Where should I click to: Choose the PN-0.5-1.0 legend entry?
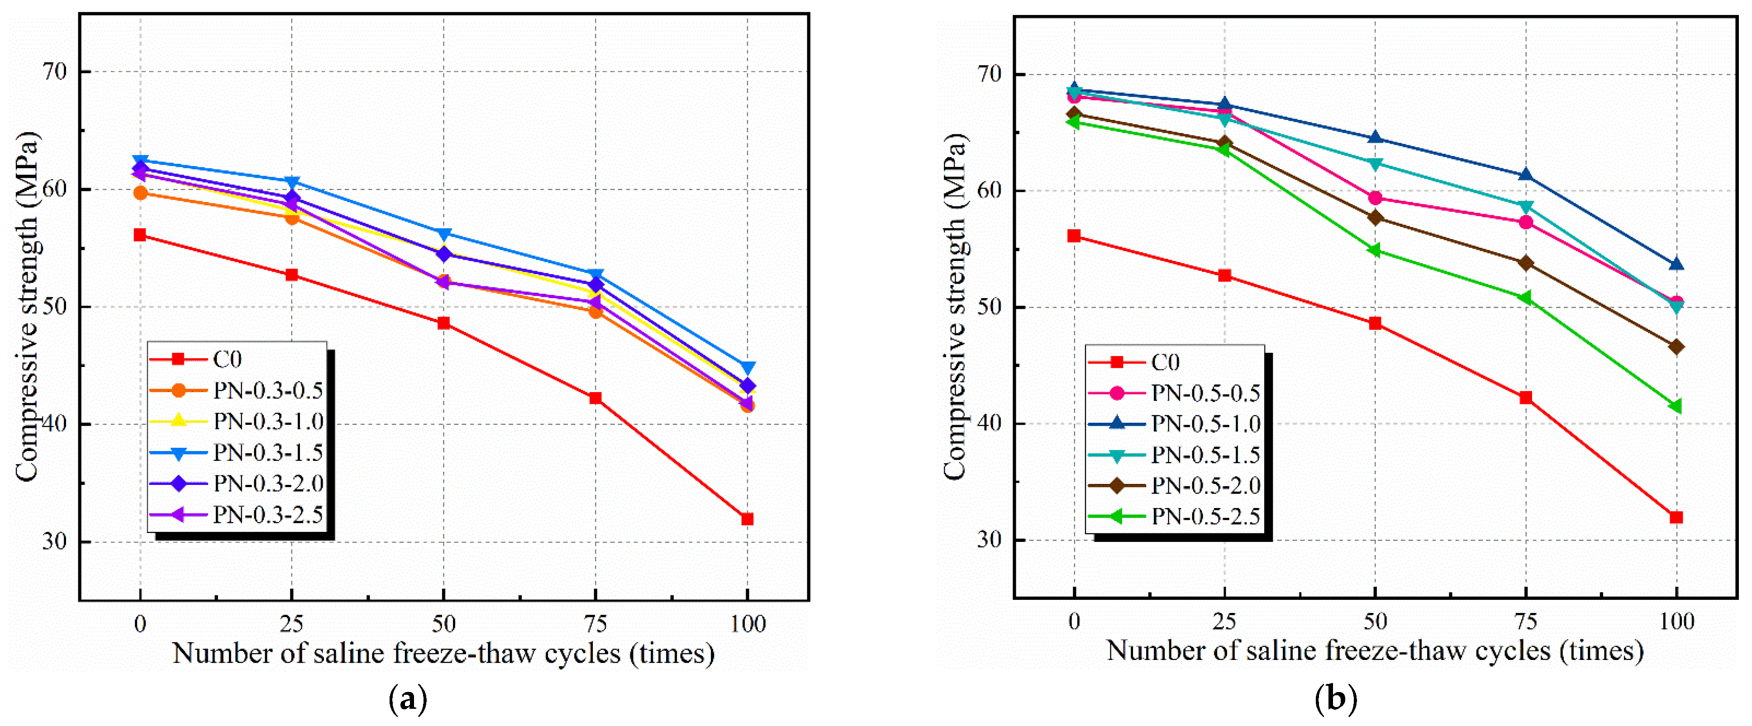1175,423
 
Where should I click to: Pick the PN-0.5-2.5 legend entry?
1175,517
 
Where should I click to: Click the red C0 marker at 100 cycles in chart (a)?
747,519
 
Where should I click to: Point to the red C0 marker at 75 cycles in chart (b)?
1525,398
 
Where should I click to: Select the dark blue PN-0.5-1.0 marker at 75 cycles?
1525,175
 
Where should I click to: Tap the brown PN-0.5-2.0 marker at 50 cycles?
1375,218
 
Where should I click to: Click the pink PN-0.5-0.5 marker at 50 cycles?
1375,198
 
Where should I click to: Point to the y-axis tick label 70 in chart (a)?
55,71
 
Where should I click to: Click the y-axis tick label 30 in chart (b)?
990,540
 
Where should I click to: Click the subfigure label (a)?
408,698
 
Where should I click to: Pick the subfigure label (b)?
1337,698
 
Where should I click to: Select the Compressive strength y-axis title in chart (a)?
27,307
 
